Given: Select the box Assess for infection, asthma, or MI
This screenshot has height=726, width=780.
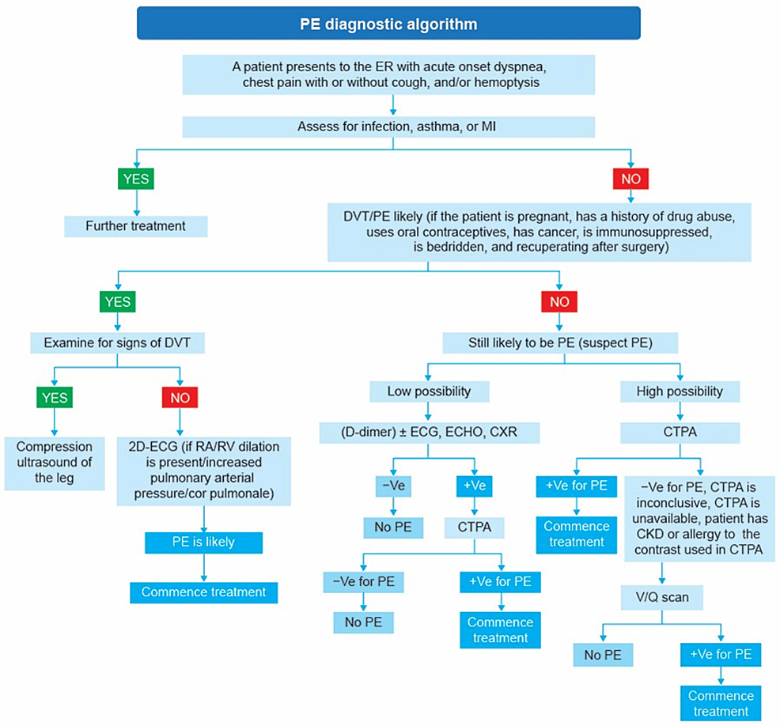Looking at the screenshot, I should [389, 127].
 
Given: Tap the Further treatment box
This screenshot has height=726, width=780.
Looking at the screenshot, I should [135, 226].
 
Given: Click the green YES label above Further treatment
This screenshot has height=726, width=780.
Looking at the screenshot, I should [136, 179].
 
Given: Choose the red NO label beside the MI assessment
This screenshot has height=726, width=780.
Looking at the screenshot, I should [630, 179].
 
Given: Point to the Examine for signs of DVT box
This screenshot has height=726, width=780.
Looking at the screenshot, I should [117, 343].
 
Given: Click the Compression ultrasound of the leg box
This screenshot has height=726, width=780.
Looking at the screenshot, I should [54, 463].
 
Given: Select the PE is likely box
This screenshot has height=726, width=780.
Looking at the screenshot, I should [204, 543].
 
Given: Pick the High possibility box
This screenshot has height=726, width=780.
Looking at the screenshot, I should [680, 391].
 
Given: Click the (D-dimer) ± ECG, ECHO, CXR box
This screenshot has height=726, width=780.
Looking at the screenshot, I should [429, 432].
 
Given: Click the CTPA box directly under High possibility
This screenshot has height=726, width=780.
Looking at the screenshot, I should [680, 432].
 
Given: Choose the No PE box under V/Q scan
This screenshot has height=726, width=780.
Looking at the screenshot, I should [603, 655].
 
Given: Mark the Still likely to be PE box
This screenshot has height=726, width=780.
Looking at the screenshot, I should [560, 343].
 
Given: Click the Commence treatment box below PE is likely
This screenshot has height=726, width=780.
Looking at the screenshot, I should [204, 592].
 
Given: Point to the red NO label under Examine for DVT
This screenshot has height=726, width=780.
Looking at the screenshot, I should [180, 398].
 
